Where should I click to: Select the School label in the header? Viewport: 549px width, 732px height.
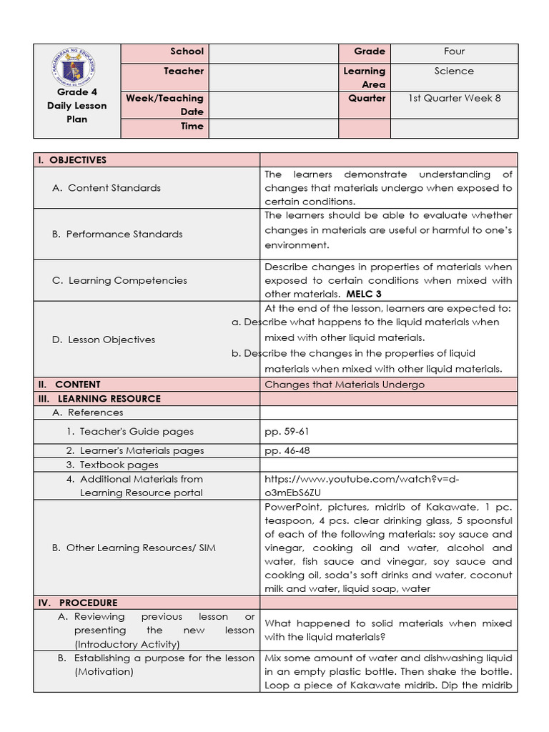click(x=187, y=51)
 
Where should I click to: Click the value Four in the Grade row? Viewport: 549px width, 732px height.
click(x=454, y=51)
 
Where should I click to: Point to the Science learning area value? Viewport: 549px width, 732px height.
click(x=454, y=71)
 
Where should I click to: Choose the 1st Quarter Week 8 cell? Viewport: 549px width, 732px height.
click(x=454, y=99)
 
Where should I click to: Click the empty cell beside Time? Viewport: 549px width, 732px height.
click(x=271, y=127)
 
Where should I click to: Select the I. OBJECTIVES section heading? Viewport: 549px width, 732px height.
click(x=72, y=160)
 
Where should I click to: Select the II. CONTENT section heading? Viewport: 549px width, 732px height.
click(x=69, y=385)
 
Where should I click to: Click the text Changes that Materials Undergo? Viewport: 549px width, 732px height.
click(x=345, y=385)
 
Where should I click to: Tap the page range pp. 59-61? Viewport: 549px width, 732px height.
click(x=287, y=432)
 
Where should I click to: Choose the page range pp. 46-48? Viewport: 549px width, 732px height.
click(x=287, y=451)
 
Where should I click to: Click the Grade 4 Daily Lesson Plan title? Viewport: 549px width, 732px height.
click(x=76, y=106)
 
